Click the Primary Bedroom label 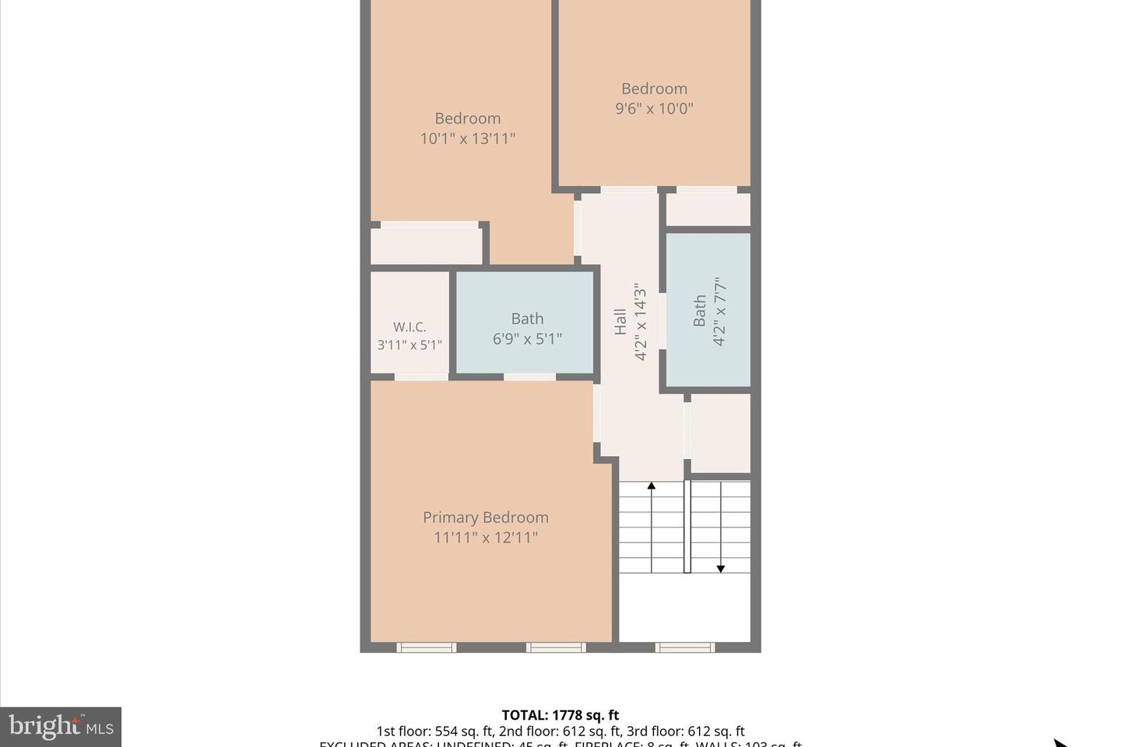(x=485, y=517)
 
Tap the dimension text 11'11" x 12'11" (x=485, y=538)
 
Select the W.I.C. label (x=409, y=327)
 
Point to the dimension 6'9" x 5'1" (x=527, y=339)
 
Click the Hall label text (x=620, y=321)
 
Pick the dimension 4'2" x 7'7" (x=719, y=311)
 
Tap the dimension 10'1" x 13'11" (x=467, y=139)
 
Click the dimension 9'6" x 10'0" (x=654, y=109)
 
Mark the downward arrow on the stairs (x=721, y=567)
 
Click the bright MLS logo (x=61, y=728)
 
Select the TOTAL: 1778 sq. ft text (x=560, y=715)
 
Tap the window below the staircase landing (x=684, y=647)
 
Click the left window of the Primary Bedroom (x=426, y=647)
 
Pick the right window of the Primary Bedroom (x=556, y=647)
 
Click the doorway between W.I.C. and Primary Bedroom (x=420, y=377)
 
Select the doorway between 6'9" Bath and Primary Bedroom (x=529, y=377)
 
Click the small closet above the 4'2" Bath (x=708, y=209)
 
